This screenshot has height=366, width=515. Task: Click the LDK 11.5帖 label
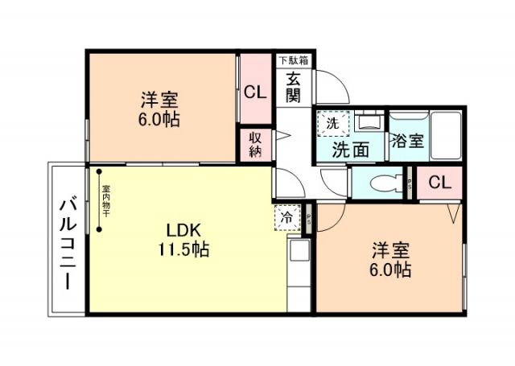(183, 239)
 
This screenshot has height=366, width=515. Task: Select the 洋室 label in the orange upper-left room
(159, 111)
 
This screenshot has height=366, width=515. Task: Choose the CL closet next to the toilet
(439, 183)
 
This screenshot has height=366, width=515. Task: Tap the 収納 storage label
(254, 144)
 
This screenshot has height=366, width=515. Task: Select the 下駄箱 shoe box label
(295, 60)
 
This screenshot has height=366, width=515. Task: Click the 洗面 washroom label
(351, 149)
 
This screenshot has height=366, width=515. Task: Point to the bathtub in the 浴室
(444, 134)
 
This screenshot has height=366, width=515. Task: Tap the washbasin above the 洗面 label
(369, 123)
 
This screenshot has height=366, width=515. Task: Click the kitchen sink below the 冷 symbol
(299, 251)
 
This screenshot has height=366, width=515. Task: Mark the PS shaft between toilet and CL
(409, 183)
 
